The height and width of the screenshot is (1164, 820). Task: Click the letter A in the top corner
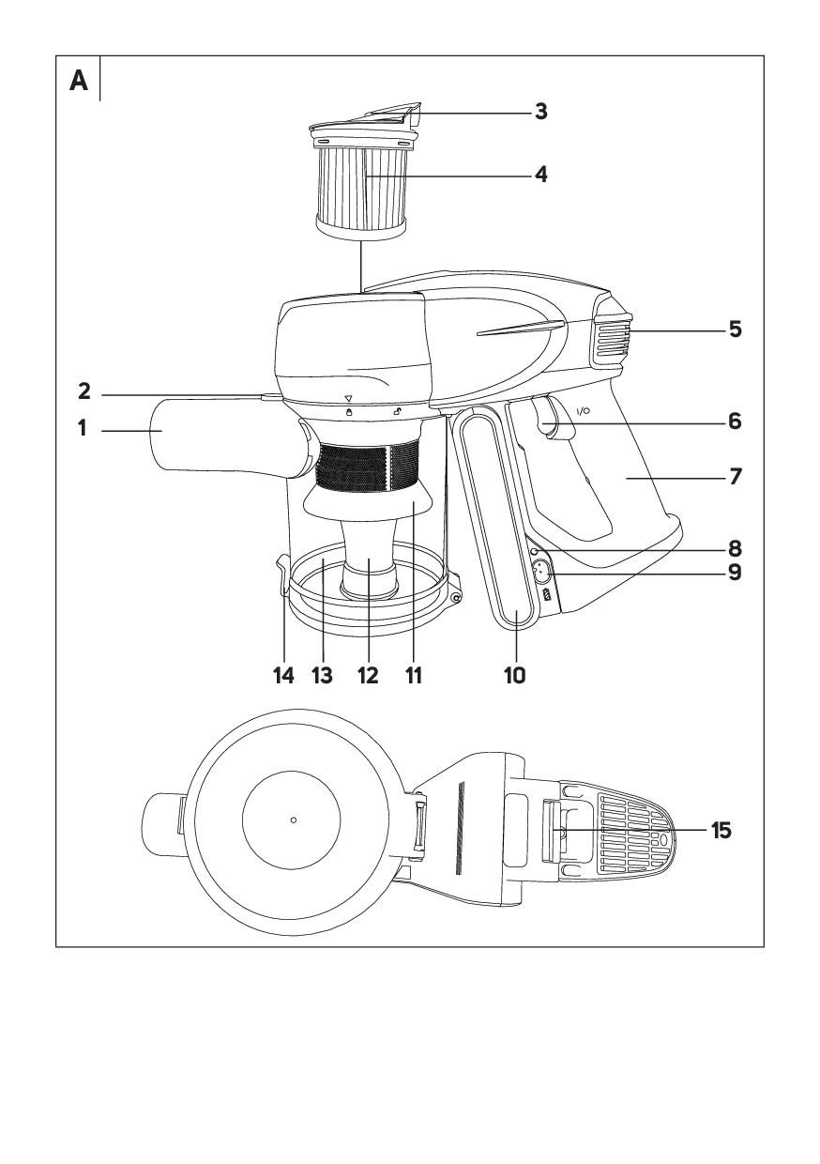coord(79,82)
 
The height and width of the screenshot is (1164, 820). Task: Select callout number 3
coord(541,112)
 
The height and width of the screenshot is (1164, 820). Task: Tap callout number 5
coord(736,330)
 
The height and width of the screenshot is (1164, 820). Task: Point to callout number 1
coord(82,429)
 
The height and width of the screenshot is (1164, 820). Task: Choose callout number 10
coord(515,674)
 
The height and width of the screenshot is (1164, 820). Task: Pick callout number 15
coord(721,831)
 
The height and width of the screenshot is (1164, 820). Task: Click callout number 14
coord(283,674)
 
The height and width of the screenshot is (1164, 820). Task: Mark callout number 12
coord(368,674)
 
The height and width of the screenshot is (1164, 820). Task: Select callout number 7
coord(736,477)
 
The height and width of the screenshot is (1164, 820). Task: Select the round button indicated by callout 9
coord(539,572)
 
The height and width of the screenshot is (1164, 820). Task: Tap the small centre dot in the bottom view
coord(294,819)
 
